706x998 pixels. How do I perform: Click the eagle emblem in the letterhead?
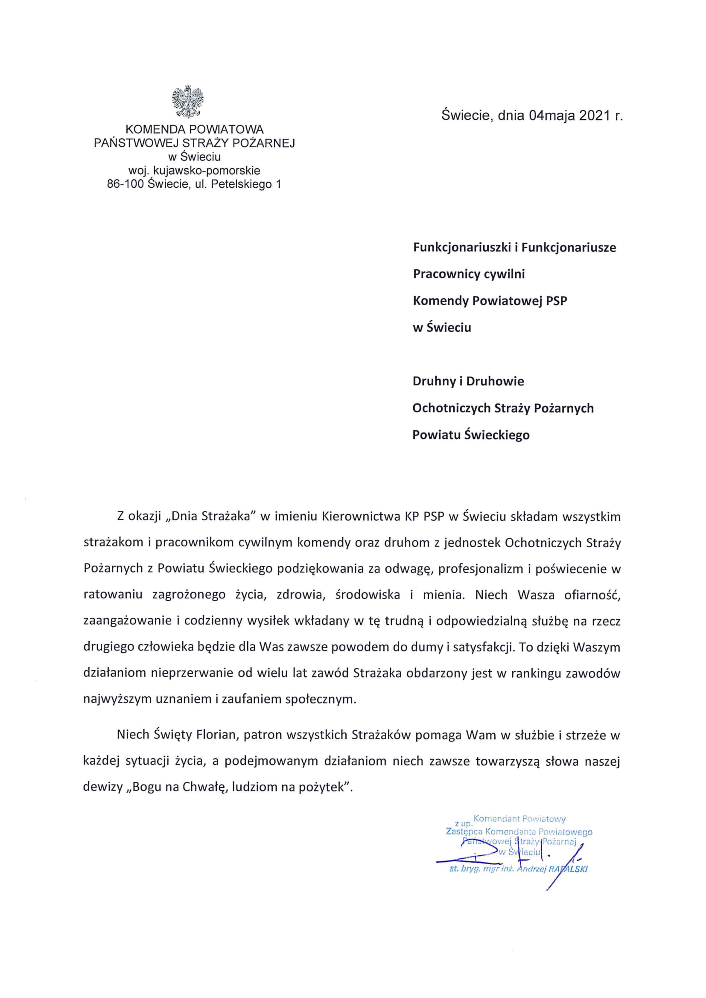point(188,101)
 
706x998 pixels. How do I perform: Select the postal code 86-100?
point(125,184)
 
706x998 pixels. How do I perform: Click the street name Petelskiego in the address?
point(240,184)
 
